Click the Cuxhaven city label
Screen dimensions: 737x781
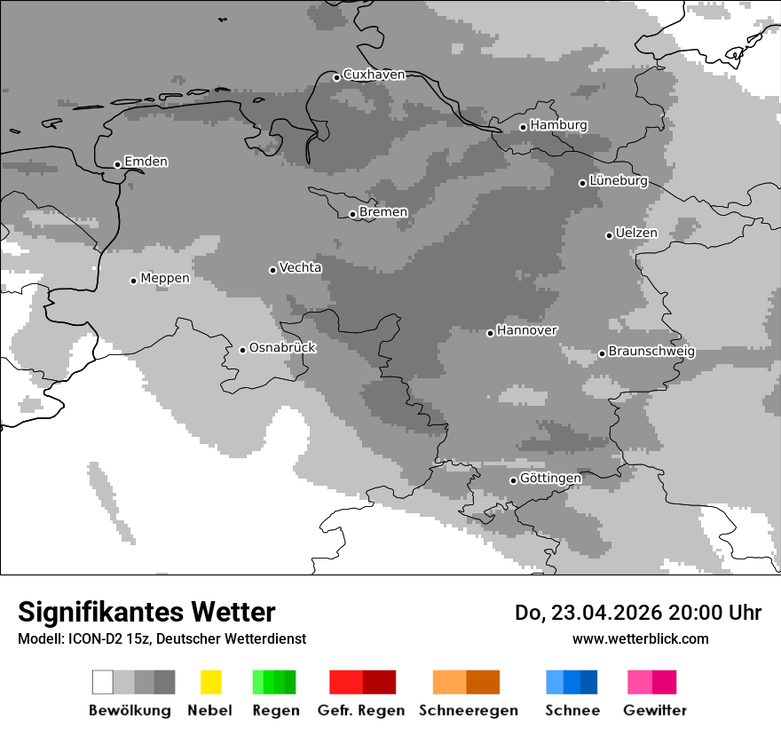pyautogui.click(x=374, y=75)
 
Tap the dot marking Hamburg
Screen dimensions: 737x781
pyautogui.click(x=523, y=127)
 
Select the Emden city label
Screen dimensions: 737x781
pyautogui.click(x=146, y=162)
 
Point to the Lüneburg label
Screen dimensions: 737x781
pyautogui.click(x=618, y=180)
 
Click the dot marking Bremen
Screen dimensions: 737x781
pyautogui.click(x=352, y=214)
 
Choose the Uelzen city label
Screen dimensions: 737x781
pyautogui.click(x=636, y=233)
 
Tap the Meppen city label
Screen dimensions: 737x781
pyautogui.click(x=165, y=278)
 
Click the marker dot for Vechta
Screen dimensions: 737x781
pyautogui.click(x=273, y=270)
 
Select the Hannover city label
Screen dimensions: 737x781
pyautogui.click(x=526, y=330)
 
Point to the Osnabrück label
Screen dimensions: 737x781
pyautogui.click(x=282, y=347)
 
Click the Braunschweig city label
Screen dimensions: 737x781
pyautogui.click(x=651, y=351)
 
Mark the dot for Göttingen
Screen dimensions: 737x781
pyautogui.click(x=513, y=480)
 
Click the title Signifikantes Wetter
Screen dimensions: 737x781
pyautogui.click(x=146, y=612)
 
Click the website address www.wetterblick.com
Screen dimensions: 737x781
pyautogui.click(x=640, y=638)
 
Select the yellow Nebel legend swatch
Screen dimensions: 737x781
pyautogui.click(x=210, y=682)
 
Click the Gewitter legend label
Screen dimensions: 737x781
pyautogui.click(x=654, y=710)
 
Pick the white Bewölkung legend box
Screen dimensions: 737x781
pyautogui.click(x=103, y=682)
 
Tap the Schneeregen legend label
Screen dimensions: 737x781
pyautogui.click(x=468, y=710)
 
